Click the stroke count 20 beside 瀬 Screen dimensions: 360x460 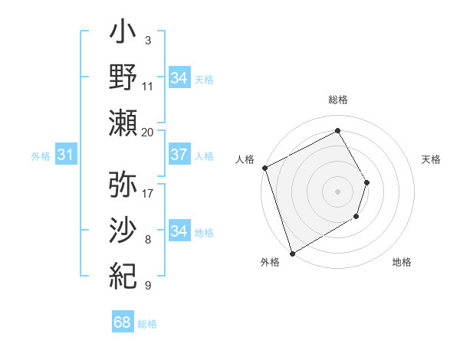click(x=148, y=132)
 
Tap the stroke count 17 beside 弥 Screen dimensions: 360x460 click(x=148, y=192)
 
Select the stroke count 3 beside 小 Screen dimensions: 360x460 click(x=147, y=39)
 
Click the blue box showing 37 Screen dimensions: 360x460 click(x=179, y=155)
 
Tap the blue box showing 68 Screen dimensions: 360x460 click(x=122, y=323)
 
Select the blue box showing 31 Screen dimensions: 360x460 click(x=65, y=155)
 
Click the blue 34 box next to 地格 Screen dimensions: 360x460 click(x=179, y=231)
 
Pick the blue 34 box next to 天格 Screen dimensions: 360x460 click(x=179, y=78)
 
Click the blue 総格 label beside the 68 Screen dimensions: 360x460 click(x=147, y=324)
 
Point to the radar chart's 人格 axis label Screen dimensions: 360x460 click(x=245, y=159)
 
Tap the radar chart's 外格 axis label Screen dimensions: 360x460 click(x=270, y=262)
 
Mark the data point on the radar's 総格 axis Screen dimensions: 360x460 click(x=337, y=130)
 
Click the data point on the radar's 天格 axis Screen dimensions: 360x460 click(x=367, y=182)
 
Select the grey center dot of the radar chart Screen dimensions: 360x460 click(x=337, y=191)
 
